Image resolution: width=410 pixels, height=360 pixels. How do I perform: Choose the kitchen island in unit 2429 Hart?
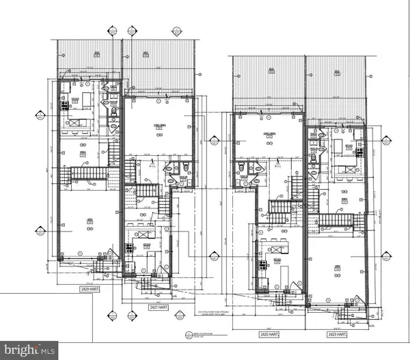[x=74, y=122]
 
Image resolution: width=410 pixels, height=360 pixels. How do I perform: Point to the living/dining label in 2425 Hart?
[x=267, y=134]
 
